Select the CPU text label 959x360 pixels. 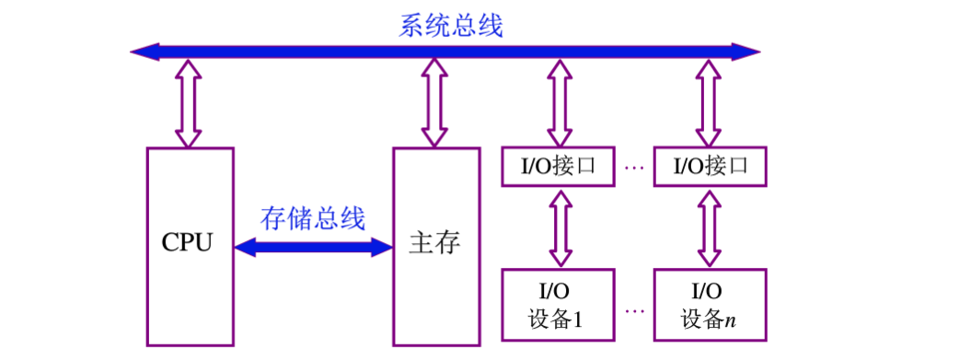click(187, 244)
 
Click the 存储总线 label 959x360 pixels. click(313, 218)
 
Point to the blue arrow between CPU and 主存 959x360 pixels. click(313, 246)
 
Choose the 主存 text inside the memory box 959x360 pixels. click(433, 244)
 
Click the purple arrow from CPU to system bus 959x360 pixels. click(188, 103)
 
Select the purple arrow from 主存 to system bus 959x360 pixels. click(433, 103)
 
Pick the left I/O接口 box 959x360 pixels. click(556, 167)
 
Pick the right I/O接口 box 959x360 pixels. click(709, 167)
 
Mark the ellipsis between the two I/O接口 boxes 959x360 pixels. click(633, 168)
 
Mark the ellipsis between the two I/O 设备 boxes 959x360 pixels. click(633, 310)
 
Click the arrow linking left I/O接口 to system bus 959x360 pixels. click(557, 103)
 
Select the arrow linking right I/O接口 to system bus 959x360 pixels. click(709, 103)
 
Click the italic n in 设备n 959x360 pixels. click(729, 321)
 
